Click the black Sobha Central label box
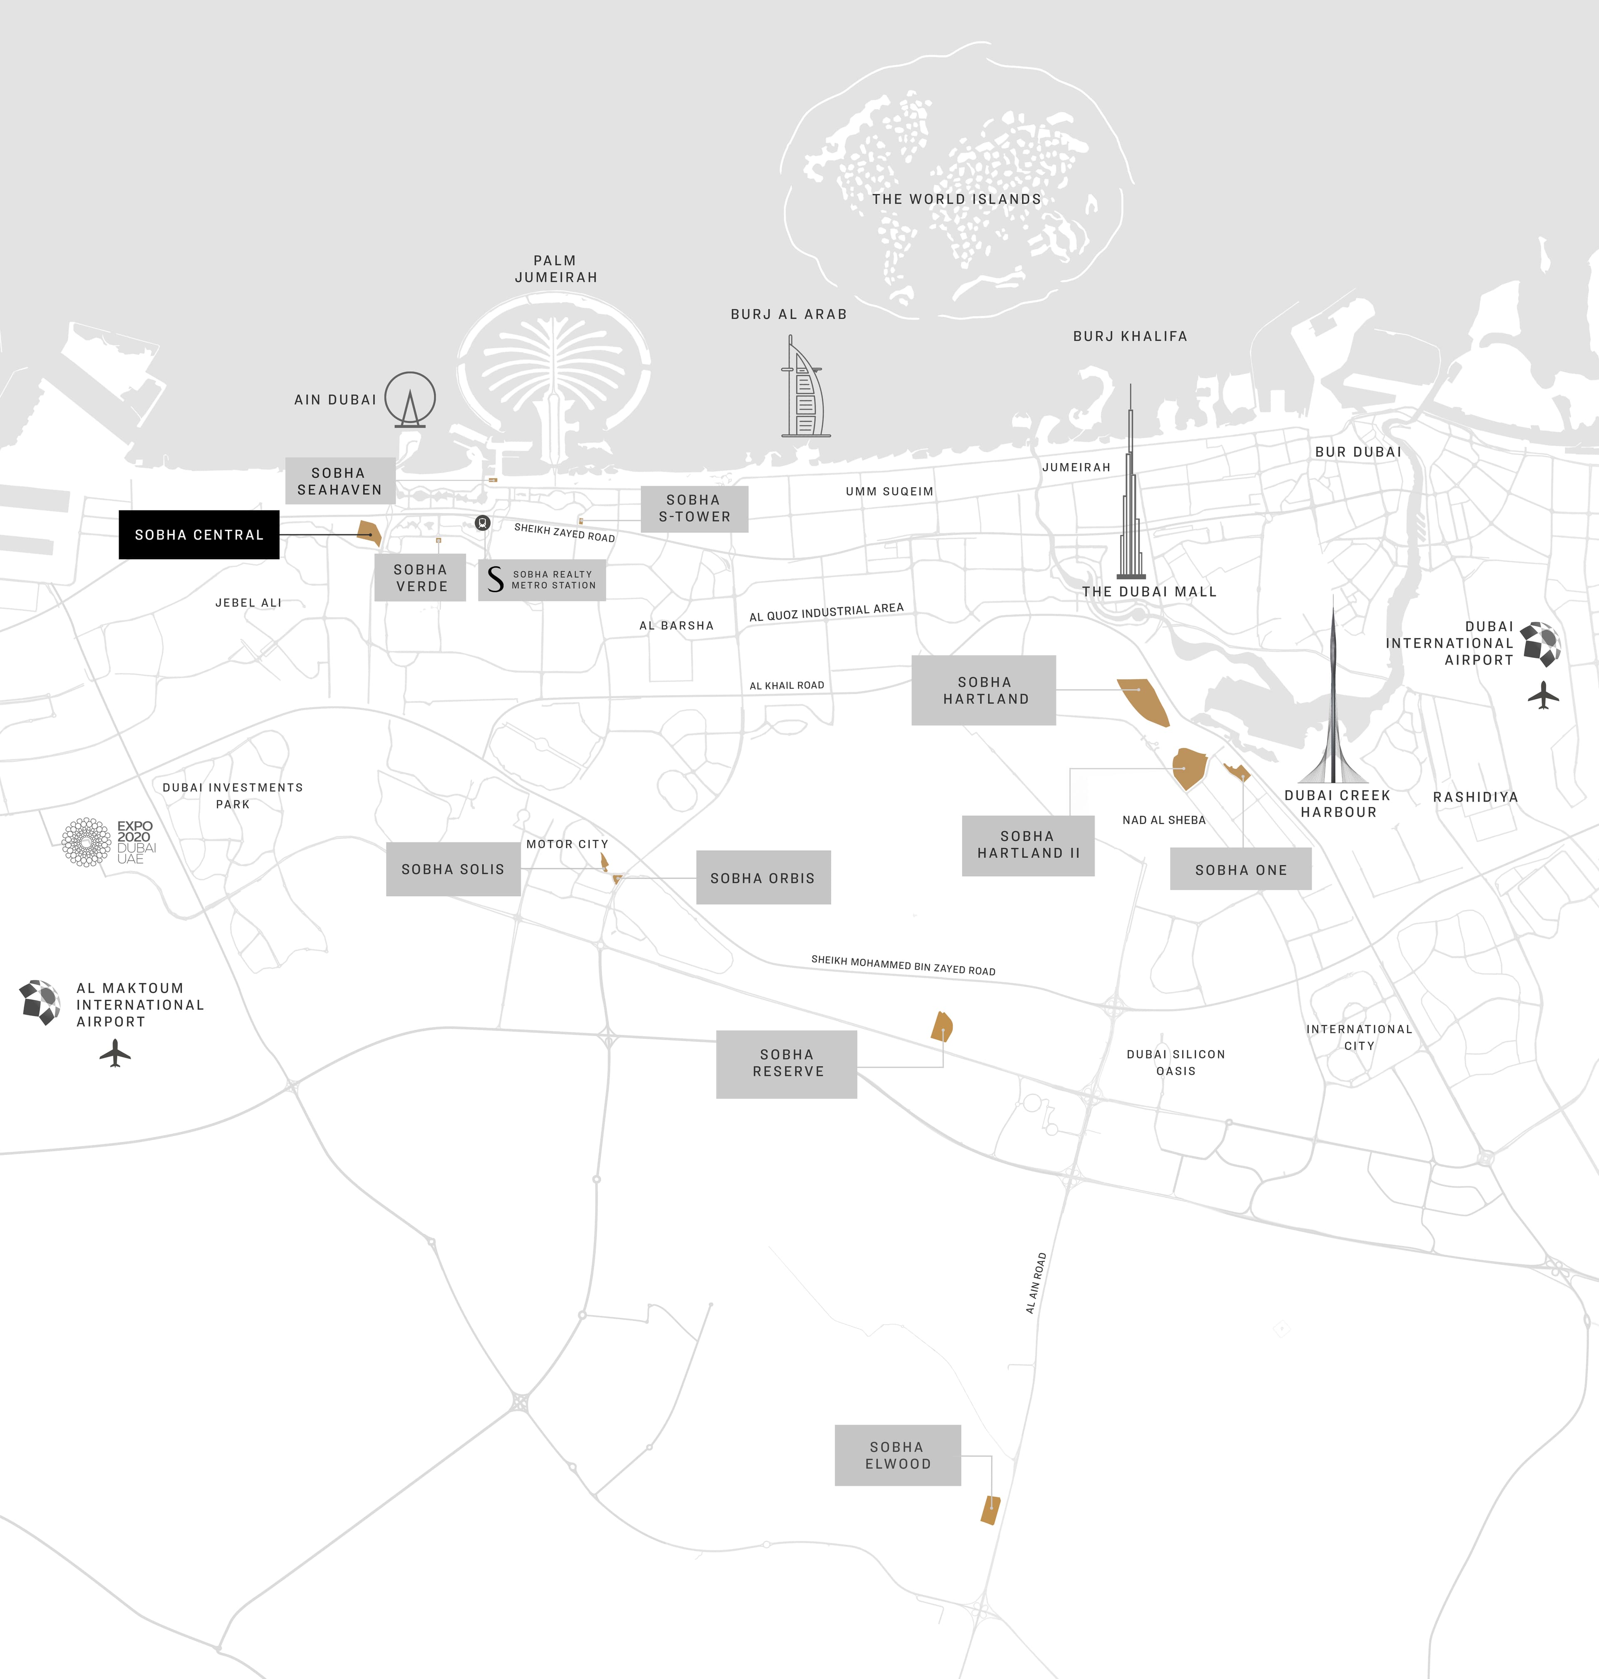199,534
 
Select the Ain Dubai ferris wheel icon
410,399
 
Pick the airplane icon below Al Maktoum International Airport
115,1054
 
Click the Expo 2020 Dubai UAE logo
108,842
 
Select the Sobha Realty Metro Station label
542,580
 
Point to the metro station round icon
483,523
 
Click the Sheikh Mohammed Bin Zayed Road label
903,965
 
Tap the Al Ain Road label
1036,1283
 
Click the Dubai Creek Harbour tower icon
1333,699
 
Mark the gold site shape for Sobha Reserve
942,1027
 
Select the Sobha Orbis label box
763,878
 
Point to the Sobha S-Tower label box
694,509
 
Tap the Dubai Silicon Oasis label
1176,1062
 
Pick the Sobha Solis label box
453,869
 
